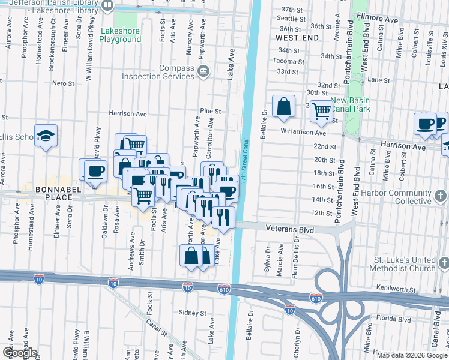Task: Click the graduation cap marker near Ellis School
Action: click(45, 135)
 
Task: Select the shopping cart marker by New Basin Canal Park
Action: click(322, 110)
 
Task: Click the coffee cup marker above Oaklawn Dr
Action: click(95, 170)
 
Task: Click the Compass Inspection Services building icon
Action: click(203, 71)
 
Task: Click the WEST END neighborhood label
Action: click(297, 37)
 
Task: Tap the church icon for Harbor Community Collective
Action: click(440, 196)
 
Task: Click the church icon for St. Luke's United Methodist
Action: click(443, 263)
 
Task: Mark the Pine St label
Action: click(211, 111)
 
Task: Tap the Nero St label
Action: click(62, 83)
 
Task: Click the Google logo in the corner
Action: click(19, 352)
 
